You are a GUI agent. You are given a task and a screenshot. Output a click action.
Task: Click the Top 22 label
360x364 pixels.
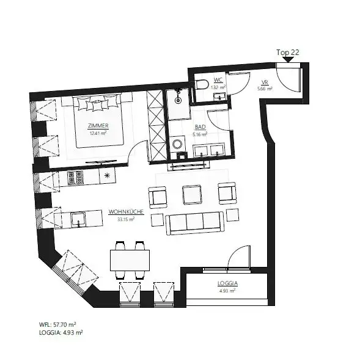(287, 53)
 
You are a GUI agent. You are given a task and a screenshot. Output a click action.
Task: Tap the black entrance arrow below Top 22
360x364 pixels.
(287, 60)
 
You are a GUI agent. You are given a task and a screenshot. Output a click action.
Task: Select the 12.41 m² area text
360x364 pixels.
(94, 133)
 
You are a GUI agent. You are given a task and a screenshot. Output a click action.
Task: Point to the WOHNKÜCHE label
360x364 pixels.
(126, 211)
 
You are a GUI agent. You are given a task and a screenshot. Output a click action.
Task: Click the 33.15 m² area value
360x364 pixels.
(126, 219)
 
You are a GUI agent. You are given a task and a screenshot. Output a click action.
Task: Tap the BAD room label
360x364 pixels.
(200, 126)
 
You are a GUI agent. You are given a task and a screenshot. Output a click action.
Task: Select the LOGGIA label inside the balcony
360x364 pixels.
(227, 284)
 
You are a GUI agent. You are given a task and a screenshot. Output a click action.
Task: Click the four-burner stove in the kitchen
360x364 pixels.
(75, 178)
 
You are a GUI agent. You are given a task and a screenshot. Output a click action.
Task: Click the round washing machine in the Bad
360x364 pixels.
(178, 144)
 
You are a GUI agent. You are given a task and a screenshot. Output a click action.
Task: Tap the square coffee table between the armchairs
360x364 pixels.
(193, 194)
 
